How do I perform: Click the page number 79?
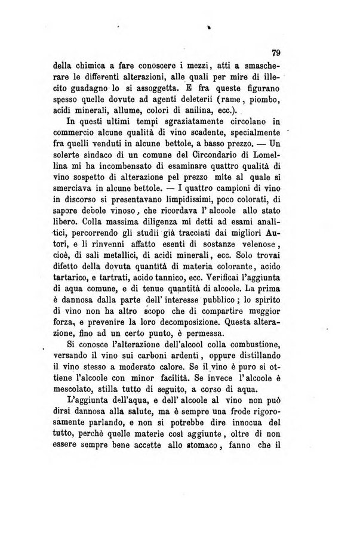click(276, 53)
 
